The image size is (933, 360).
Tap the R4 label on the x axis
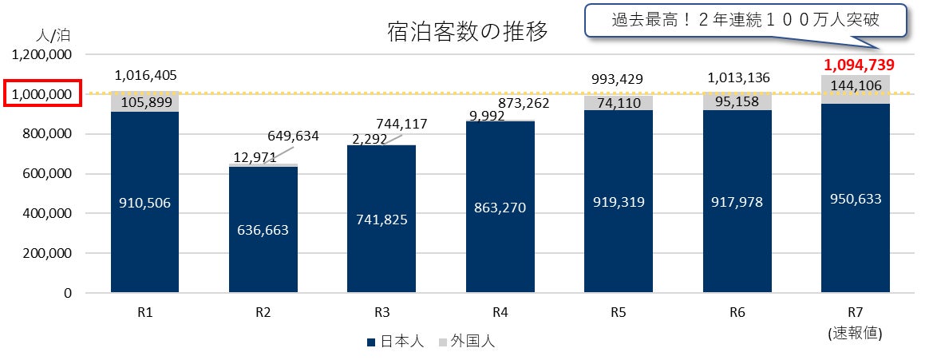click(500, 314)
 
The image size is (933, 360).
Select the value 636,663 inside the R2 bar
click(263, 230)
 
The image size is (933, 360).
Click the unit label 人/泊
click(53, 36)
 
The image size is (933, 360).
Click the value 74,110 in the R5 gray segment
click(618, 102)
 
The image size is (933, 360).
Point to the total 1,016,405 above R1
click(146, 76)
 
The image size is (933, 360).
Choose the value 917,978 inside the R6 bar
click(737, 203)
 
